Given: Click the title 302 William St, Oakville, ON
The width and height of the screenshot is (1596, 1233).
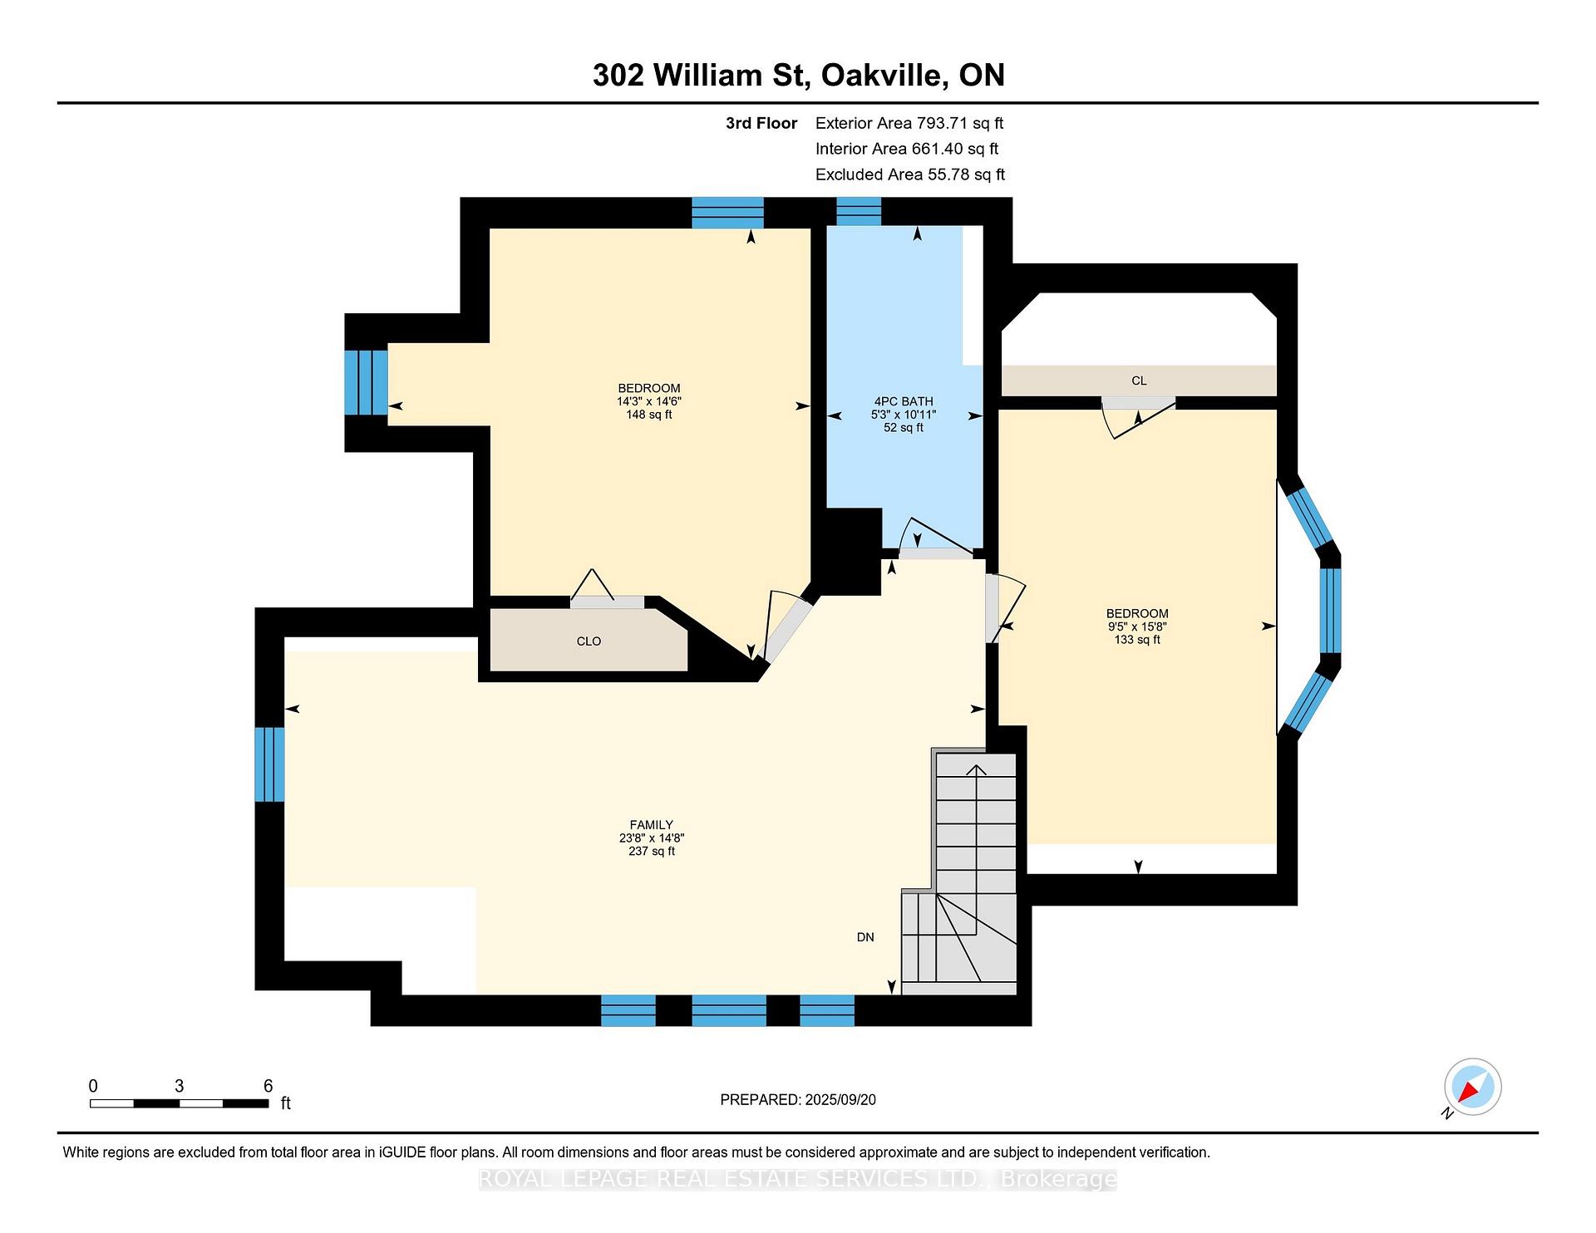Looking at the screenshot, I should click(x=798, y=76).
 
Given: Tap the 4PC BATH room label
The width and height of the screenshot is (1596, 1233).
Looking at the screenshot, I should click(x=904, y=401).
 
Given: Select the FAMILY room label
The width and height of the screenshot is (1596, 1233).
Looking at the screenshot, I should click(x=651, y=825).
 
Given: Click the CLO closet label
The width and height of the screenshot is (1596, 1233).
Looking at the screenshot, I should click(x=589, y=641).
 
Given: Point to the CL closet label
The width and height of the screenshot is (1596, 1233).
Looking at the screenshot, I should click(x=1139, y=381).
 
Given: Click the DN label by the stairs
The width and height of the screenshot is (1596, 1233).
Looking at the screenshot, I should click(x=865, y=937).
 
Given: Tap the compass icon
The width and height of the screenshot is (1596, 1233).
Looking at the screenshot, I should click(x=1472, y=1087).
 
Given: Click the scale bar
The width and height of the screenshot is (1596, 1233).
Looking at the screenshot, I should click(x=179, y=1103).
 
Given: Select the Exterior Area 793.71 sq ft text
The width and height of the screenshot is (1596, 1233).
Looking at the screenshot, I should click(x=909, y=124).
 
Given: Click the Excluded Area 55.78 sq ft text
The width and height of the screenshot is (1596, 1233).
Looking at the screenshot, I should click(x=909, y=174).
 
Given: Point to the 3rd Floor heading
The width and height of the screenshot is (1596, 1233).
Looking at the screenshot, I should click(x=761, y=124).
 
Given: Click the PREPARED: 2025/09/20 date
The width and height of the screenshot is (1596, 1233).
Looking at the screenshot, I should click(x=798, y=1100).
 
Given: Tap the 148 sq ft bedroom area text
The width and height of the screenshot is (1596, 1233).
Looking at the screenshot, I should click(x=649, y=415).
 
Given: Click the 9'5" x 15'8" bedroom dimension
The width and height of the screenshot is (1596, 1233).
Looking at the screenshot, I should click(x=1137, y=627).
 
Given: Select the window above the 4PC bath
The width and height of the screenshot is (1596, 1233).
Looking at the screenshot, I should click(x=858, y=212).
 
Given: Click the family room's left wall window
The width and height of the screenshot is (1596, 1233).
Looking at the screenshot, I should click(x=269, y=764).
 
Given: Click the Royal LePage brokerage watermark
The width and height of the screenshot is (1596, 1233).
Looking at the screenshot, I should click(x=798, y=1179).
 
